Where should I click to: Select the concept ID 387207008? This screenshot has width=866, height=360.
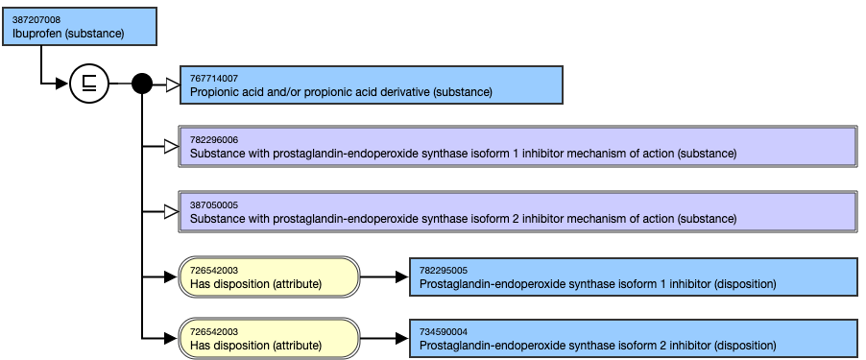[x=37, y=19]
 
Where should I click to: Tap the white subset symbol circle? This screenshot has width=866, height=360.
[x=89, y=84]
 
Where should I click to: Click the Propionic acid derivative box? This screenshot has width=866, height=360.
[x=371, y=84]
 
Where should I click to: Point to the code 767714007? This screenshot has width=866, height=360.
[x=214, y=78]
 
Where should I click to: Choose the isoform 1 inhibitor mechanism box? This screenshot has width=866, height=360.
[x=517, y=146]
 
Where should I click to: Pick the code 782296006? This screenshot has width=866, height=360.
[x=214, y=139]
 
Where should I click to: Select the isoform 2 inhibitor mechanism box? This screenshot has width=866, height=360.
[x=517, y=211]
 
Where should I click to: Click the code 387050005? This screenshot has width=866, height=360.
[x=214, y=204]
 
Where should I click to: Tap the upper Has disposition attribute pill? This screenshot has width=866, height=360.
[x=269, y=276]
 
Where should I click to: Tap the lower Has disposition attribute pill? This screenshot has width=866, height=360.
[x=269, y=338]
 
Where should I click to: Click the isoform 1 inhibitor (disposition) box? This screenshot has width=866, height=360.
[x=632, y=276]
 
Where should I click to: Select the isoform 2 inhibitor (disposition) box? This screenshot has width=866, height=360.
[x=632, y=338]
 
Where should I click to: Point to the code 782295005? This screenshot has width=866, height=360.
[x=444, y=270]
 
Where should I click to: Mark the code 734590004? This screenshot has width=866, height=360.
[x=444, y=331]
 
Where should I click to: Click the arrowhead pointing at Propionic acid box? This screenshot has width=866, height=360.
[x=172, y=84]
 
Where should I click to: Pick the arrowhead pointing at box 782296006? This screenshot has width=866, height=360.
[x=171, y=146]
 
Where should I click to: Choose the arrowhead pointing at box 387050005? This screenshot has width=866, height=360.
[x=171, y=211]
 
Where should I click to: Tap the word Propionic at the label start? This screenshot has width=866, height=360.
[x=214, y=92]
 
